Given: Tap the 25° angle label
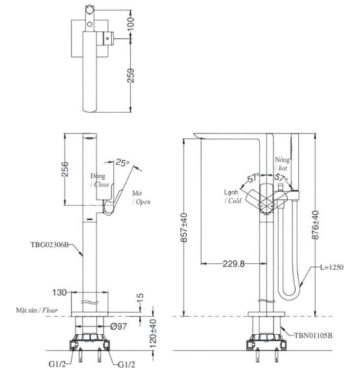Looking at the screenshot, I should tap(123, 162).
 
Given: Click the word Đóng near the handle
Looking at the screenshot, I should tap(98, 177).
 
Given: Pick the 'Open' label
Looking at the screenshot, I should tap(143, 202).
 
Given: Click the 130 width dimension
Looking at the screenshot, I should tap(58, 293).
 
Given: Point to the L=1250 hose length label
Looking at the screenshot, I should tap(333, 267).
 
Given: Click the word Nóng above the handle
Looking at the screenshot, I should tap(281, 160).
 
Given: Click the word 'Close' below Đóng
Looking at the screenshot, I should tap(102, 185).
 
